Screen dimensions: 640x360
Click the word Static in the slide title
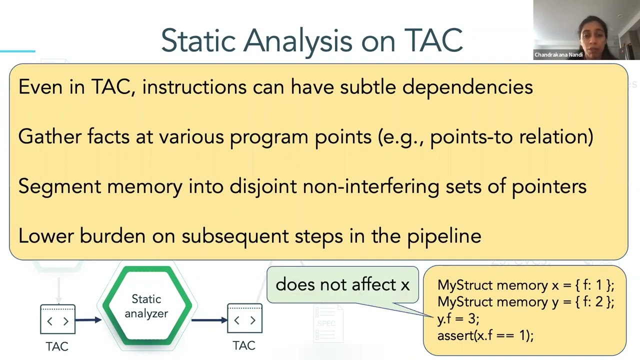pyautogui.click(x=198, y=40)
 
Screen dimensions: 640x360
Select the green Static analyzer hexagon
pyautogui.click(x=147, y=305)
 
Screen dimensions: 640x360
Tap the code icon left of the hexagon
pyautogui.click(x=57, y=319)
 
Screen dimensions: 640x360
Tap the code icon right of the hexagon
pyautogui.click(x=244, y=318)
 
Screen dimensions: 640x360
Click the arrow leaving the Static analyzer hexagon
pyautogui.click(x=209, y=320)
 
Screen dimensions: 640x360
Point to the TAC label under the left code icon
pyautogui.click(x=57, y=346)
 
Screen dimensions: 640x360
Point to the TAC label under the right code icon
pyautogui.click(x=244, y=345)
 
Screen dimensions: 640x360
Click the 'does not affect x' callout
pyautogui.click(x=342, y=284)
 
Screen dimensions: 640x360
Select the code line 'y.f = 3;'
pyautogui.click(x=458, y=318)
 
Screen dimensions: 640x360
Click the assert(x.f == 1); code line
pyautogui.click(x=485, y=335)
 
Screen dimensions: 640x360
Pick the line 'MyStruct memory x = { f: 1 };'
pyautogui.click(x=525, y=285)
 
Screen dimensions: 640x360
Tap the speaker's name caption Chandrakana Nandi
pyautogui.click(x=558, y=54)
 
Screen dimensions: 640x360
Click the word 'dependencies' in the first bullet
pyautogui.click(x=467, y=87)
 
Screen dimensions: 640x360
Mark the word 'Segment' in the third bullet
pyautogui.click(x=59, y=186)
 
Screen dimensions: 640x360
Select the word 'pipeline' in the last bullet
pyautogui.click(x=444, y=236)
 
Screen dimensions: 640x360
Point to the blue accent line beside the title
pyautogui.click(x=17, y=51)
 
